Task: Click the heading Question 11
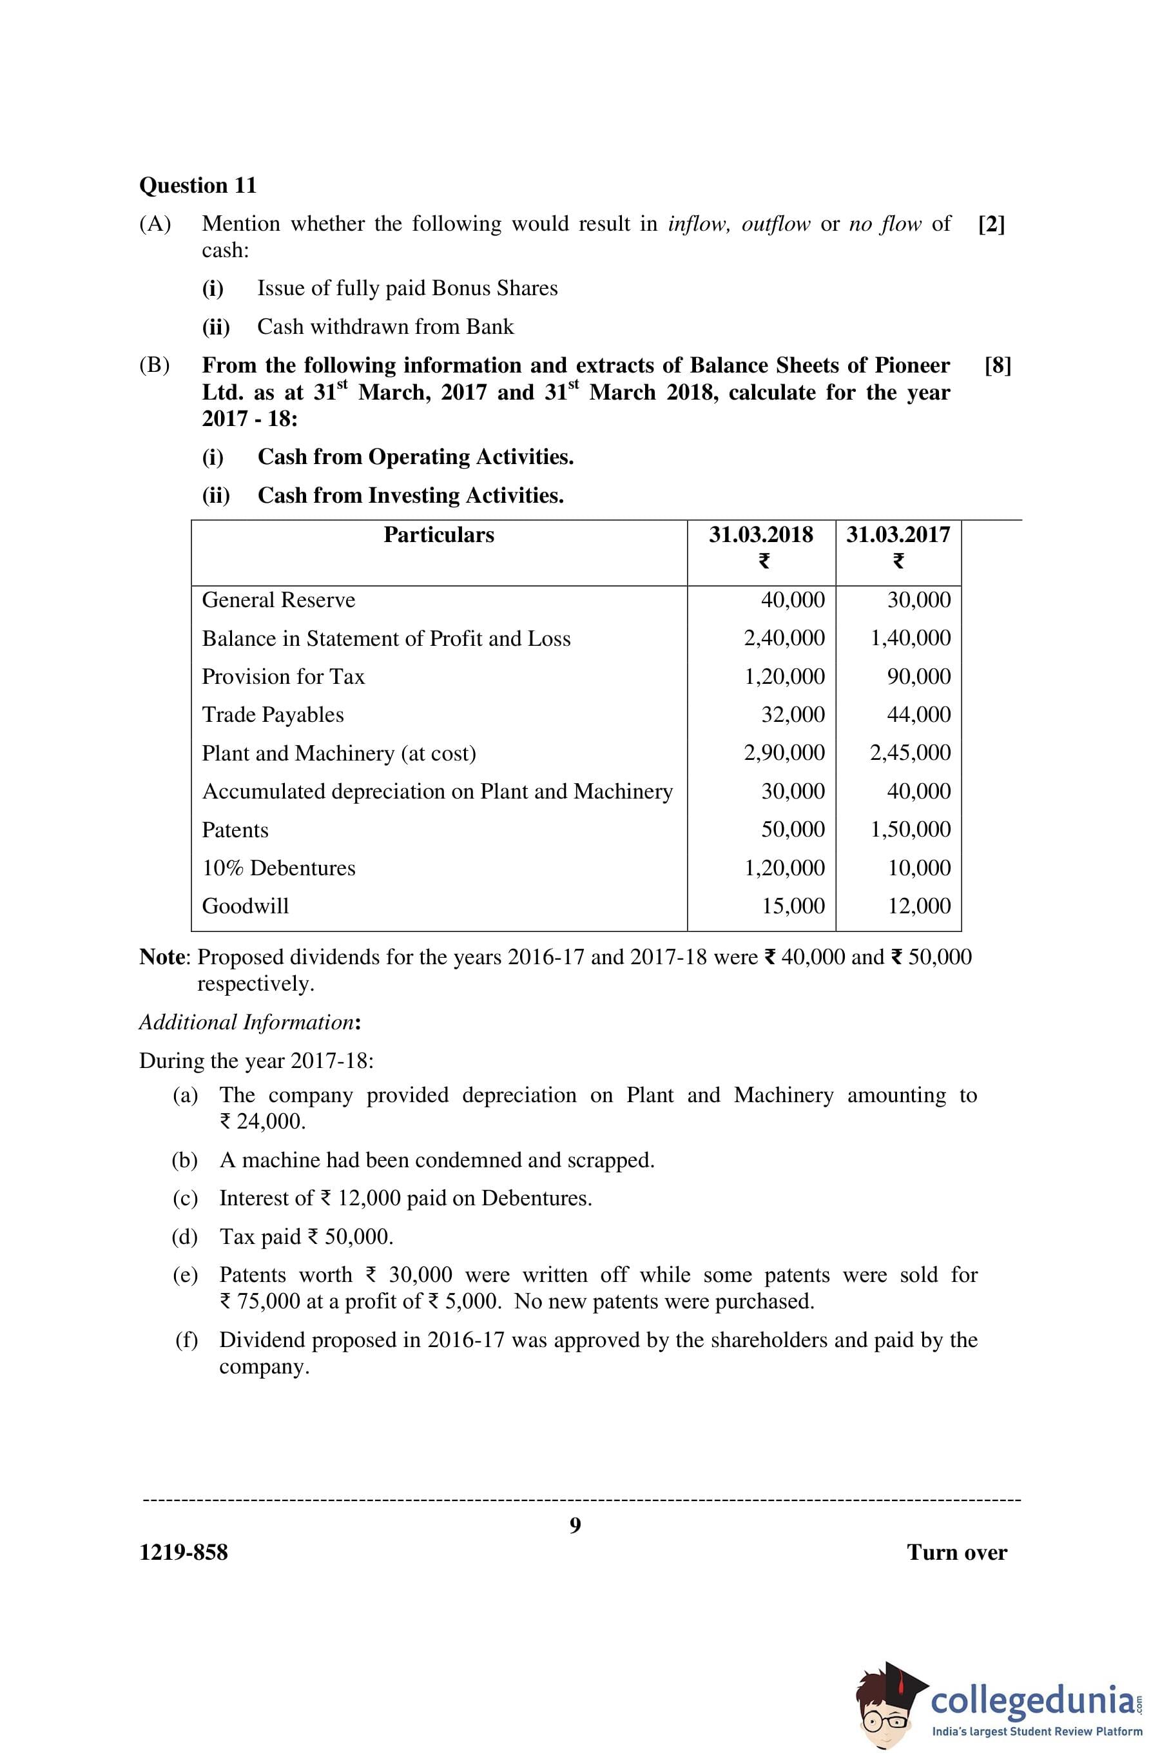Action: coord(198,185)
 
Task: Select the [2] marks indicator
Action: coord(991,224)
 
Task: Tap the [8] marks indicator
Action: coord(998,365)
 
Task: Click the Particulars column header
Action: coord(438,534)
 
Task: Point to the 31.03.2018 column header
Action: coord(760,534)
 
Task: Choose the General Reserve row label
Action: coord(278,600)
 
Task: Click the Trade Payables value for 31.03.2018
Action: coord(793,715)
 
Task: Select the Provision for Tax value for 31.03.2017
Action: coord(918,676)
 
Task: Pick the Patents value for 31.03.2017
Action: coord(911,829)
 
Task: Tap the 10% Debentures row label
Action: coord(278,868)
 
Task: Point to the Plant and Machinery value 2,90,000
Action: coord(784,753)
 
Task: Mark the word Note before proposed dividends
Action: coord(164,956)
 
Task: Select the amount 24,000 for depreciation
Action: coord(270,1122)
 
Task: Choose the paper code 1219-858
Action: coord(183,1553)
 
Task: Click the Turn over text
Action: coord(956,1553)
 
